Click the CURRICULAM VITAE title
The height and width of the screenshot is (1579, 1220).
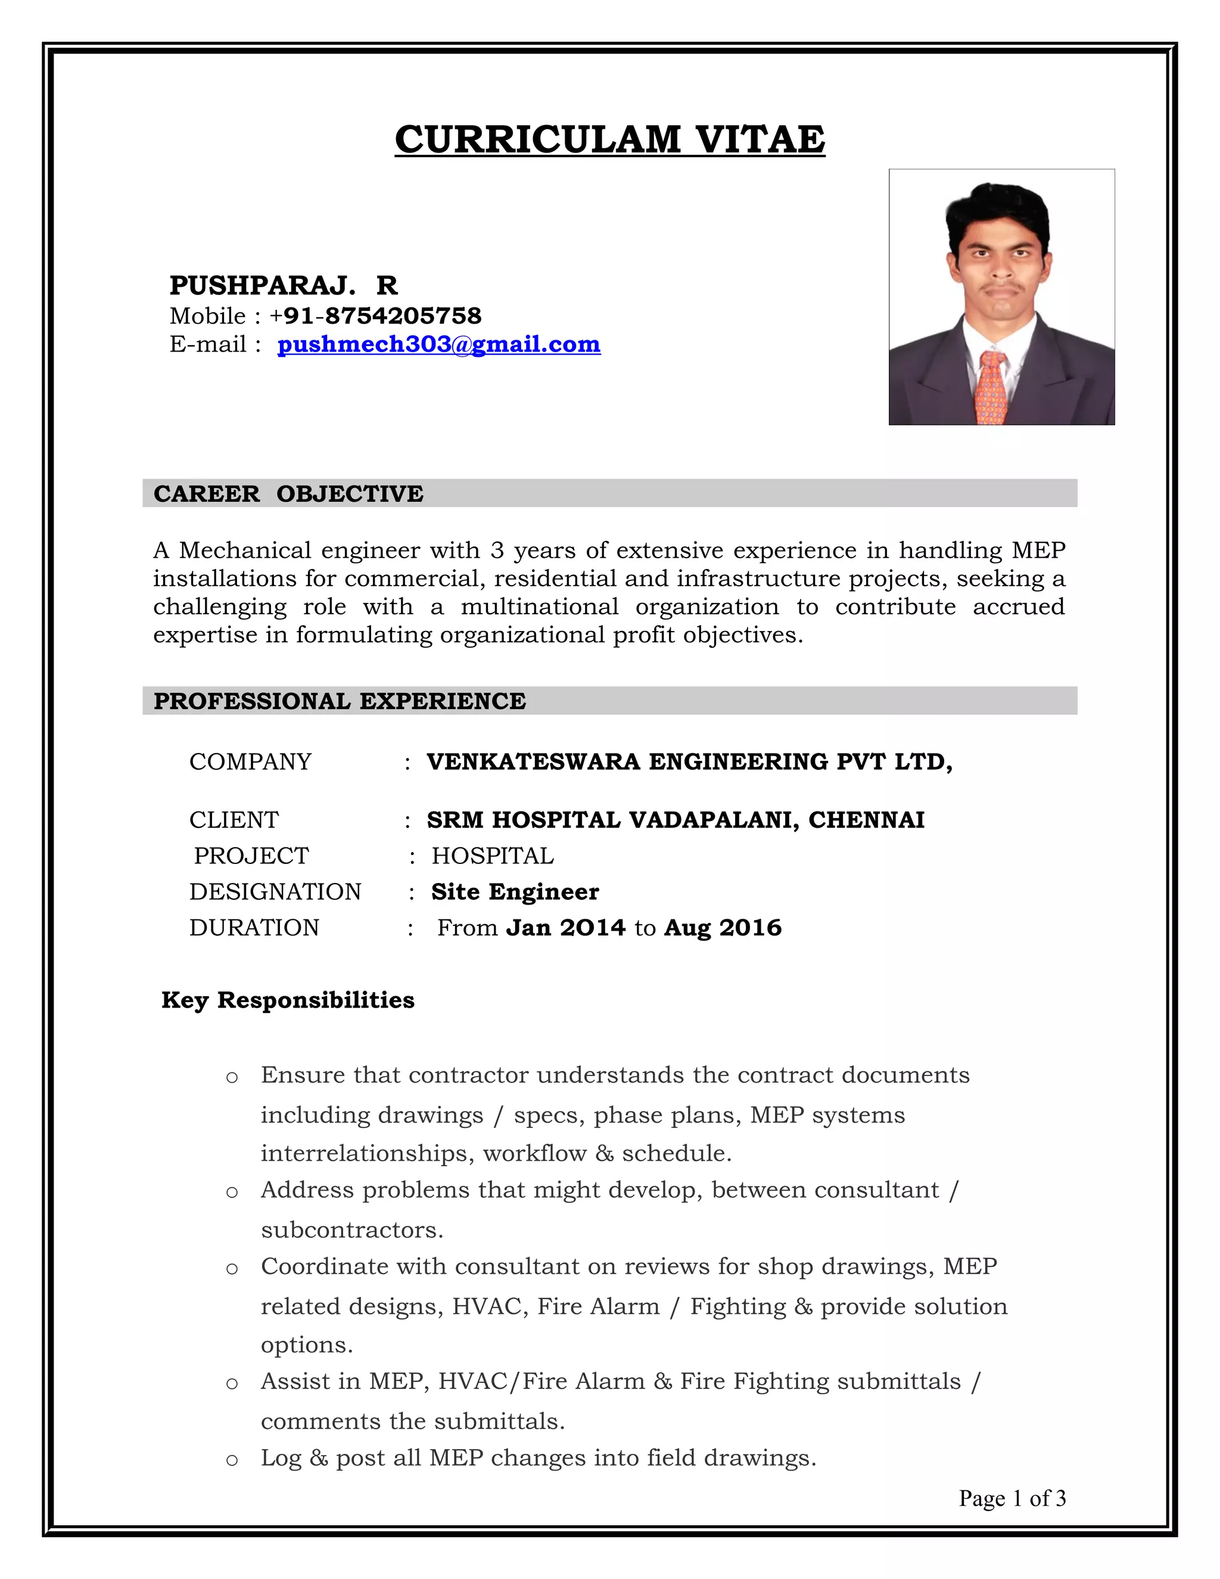(x=609, y=139)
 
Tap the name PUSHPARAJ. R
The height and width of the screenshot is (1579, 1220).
(x=284, y=285)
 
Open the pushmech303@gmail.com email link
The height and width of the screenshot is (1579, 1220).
(x=438, y=344)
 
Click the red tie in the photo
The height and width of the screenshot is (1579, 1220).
(x=990, y=387)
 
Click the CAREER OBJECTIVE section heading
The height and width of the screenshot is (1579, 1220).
(x=288, y=494)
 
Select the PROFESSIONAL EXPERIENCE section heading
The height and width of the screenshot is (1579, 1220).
(x=340, y=701)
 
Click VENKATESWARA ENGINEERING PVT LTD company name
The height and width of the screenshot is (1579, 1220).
(x=689, y=761)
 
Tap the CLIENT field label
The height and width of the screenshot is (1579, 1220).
(x=234, y=820)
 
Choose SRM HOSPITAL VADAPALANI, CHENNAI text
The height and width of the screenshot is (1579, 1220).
(x=675, y=820)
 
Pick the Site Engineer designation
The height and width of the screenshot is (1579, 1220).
(x=515, y=891)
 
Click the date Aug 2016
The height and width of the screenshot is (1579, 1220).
(x=723, y=928)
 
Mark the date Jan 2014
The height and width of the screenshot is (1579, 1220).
(x=565, y=928)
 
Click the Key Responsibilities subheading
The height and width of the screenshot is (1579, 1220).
(x=288, y=1000)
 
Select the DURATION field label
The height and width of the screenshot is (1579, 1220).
(x=254, y=928)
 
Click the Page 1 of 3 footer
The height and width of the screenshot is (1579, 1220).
(x=1012, y=1498)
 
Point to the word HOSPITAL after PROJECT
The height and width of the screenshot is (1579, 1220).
(x=492, y=856)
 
